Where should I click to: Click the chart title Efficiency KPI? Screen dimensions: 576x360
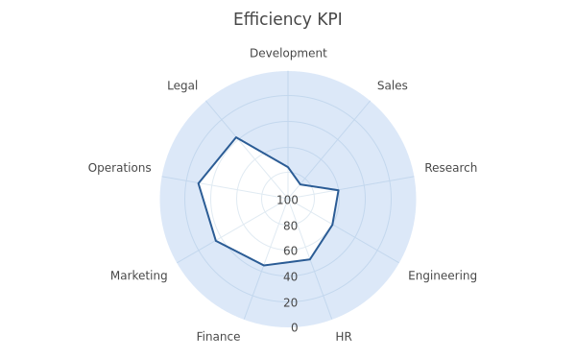click(x=288, y=19)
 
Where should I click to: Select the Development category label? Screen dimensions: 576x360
click(x=288, y=53)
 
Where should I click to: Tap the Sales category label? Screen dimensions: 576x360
click(x=392, y=85)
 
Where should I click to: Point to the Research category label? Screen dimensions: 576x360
click(x=451, y=167)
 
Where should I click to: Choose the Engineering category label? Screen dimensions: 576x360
click(x=443, y=276)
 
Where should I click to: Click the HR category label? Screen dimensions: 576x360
click(x=344, y=337)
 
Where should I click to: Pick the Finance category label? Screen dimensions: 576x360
click(x=218, y=337)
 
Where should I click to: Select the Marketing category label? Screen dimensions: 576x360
click(x=139, y=276)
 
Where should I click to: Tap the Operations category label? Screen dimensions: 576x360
click(x=119, y=168)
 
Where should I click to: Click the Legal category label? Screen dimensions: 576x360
click(x=182, y=85)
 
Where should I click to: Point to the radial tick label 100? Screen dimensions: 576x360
click(x=287, y=200)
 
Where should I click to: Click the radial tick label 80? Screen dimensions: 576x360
click(x=290, y=226)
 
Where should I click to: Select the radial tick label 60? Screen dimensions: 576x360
click(x=290, y=251)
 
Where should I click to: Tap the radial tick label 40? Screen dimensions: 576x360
click(x=290, y=276)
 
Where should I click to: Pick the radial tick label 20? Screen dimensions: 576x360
click(x=290, y=302)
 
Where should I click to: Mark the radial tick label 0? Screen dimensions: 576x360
click(x=295, y=327)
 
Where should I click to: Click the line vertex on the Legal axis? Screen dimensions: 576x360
click(x=236, y=137)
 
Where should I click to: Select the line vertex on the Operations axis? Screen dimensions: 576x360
click(x=199, y=183)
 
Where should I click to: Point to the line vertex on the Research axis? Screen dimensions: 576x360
click(x=338, y=190)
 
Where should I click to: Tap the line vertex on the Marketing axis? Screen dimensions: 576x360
click(x=216, y=241)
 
